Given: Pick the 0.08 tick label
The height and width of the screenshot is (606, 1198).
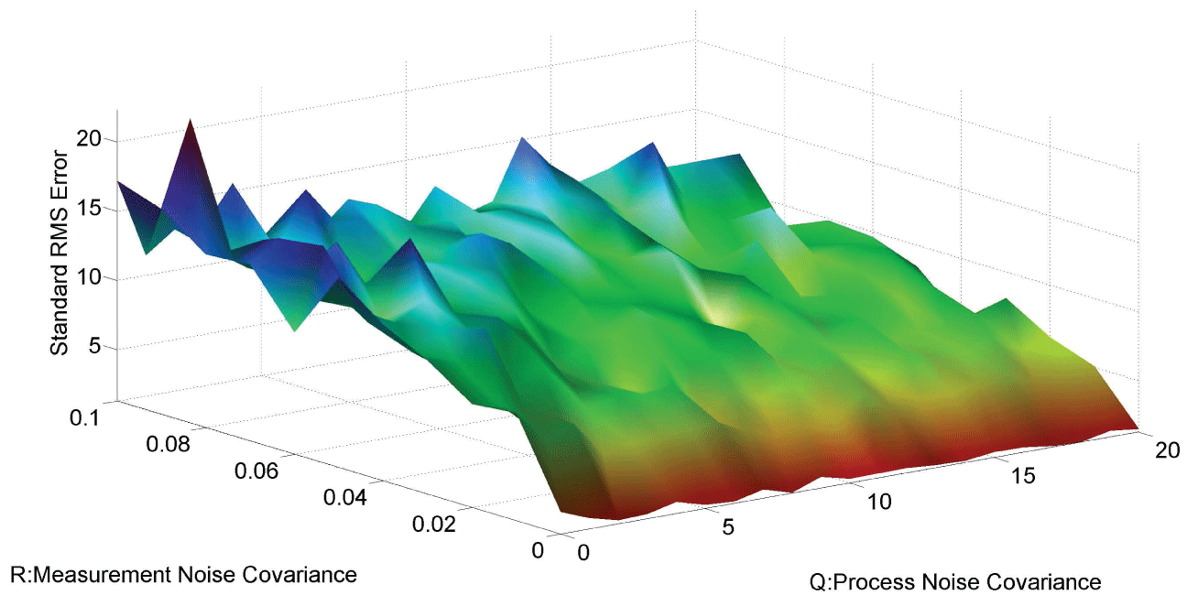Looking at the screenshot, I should (169, 445).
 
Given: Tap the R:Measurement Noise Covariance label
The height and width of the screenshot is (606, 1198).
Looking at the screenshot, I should (182, 576).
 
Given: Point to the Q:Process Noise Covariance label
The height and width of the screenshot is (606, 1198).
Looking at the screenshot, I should (954, 582).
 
